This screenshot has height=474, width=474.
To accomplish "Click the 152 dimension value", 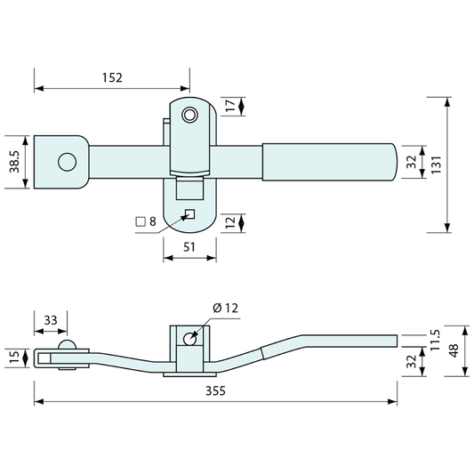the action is coord(112,77).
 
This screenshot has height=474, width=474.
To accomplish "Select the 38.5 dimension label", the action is coord(14,162).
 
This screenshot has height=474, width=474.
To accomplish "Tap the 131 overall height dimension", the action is coord(436,165).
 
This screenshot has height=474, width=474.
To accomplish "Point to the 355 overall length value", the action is coord(215,390).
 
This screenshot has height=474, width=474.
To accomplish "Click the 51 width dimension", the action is coord(189,247).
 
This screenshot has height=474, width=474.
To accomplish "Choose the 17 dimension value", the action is coord(230,106).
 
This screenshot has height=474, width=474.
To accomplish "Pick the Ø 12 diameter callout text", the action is coord(226,308).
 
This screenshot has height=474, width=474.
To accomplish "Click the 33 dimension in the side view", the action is coord(51,320).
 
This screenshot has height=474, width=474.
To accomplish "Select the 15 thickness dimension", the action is coord(14,358).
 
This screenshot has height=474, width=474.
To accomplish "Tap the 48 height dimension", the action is coord(454,350).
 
